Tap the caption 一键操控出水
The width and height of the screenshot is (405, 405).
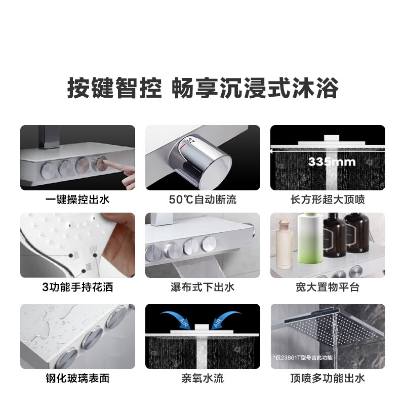click(77, 199)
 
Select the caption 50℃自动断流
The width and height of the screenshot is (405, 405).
click(202, 199)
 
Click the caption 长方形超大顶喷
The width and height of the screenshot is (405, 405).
click(328, 199)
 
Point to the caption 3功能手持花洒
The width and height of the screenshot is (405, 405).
click(77, 288)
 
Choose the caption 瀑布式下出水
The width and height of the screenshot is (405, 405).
click(202, 288)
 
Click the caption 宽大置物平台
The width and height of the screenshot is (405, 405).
click(328, 288)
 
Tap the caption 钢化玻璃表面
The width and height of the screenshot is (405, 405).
click(77, 378)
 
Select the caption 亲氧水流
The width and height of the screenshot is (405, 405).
click(202, 378)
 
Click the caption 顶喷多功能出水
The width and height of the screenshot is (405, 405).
click(328, 378)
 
